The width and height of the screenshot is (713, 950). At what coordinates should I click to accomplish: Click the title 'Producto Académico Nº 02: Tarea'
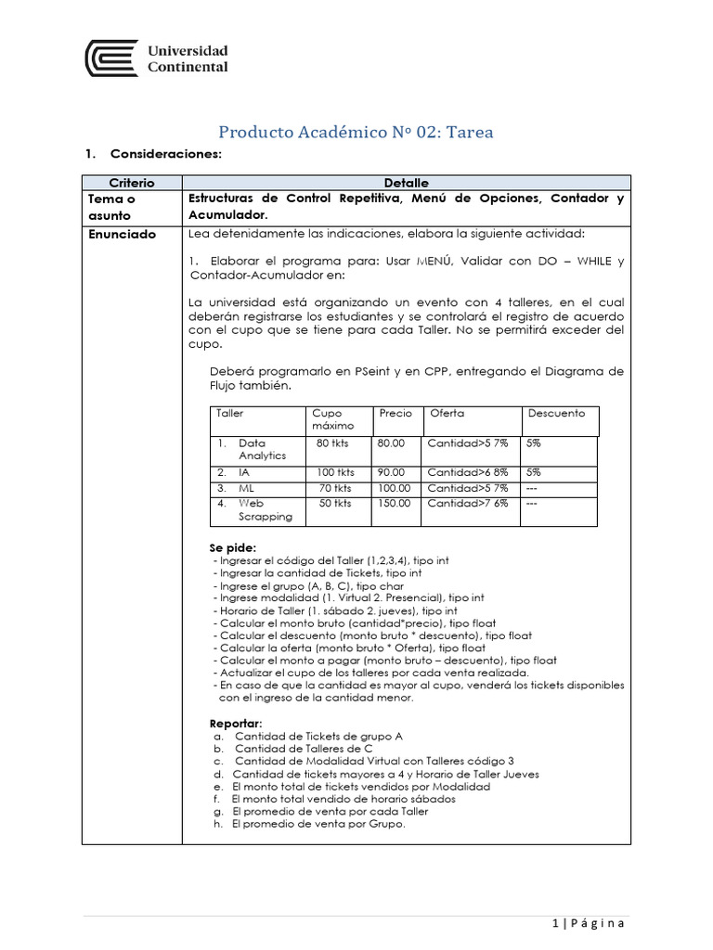click(x=356, y=132)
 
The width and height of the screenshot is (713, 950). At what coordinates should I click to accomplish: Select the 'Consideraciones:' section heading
click(x=165, y=153)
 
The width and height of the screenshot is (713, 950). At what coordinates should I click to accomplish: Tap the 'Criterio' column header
click(x=132, y=183)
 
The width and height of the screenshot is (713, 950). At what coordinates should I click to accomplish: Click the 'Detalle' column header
click(x=406, y=183)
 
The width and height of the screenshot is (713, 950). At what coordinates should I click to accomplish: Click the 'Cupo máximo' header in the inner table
click(x=328, y=419)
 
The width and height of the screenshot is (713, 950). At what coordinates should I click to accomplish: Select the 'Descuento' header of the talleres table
click(x=556, y=413)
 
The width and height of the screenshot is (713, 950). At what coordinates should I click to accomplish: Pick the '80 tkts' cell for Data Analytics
click(x=333, y=443)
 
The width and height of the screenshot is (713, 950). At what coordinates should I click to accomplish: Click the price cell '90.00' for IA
click(x=391, y=472)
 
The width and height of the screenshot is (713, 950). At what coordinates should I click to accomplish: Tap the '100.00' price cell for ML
click(x=394, y=487)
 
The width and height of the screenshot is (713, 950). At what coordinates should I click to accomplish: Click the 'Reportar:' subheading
click(x=236, y=723)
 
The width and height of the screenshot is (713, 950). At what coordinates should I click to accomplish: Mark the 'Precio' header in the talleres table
click(x=395, y=413)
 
